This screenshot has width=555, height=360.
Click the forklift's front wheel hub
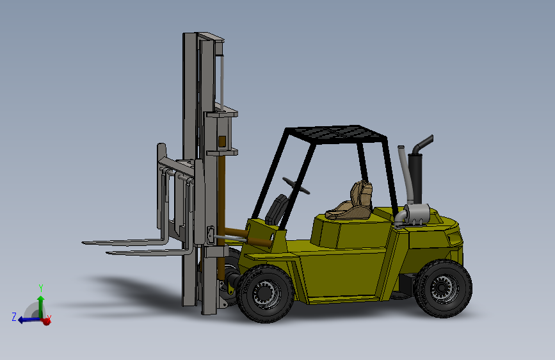[x=265, y=294]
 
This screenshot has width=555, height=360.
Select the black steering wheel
[x=298, y=185]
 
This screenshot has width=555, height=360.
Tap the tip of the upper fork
[x=86, y=243]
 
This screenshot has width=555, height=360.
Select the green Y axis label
[x=40, y=288]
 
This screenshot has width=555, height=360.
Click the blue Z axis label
[x=13, y=316]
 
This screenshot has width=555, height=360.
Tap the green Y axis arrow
[x=41, y=304]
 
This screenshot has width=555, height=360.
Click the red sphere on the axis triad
[x=45, y=321]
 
